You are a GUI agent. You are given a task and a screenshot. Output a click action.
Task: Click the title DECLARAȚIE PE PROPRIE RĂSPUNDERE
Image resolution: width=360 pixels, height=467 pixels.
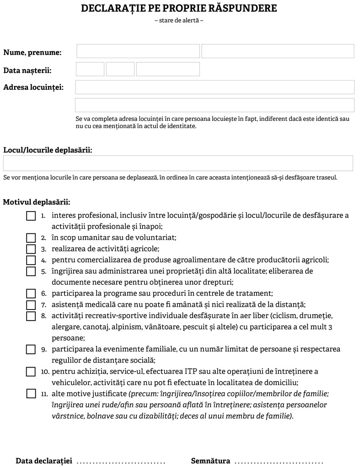(x=179, y=9)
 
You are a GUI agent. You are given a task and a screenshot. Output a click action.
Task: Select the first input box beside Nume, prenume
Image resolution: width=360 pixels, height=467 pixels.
(x=138, y=51)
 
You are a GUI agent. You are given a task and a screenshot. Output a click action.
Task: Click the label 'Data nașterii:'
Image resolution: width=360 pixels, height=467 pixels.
(x=27, y=71)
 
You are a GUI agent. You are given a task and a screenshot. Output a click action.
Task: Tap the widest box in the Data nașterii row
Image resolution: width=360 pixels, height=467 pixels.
(x=168, y=69)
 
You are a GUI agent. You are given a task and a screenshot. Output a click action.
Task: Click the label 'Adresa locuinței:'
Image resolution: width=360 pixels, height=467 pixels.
(x=33, y=87)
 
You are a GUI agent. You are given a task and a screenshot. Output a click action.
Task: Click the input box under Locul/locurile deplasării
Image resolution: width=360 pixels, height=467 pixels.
(x=178, y=163)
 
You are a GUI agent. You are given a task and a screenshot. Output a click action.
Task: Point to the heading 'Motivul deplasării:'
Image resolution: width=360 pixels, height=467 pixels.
(x=37, y=202)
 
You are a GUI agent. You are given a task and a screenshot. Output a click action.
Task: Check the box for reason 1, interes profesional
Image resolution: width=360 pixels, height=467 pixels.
(x=31, y=216)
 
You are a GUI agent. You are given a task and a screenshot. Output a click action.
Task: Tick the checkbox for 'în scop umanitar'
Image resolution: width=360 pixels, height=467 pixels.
(x=31, y=238)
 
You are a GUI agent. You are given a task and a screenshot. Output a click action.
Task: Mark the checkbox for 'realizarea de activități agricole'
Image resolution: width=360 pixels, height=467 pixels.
(x=31, y=249)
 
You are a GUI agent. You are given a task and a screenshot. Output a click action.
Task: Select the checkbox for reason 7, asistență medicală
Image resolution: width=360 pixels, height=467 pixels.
(x=31, y=305)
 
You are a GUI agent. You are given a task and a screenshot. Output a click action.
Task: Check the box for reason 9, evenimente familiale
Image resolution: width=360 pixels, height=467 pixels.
(x=31, y=349)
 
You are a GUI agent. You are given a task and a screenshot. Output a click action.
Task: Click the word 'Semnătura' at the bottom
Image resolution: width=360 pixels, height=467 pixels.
(x=210, y=461)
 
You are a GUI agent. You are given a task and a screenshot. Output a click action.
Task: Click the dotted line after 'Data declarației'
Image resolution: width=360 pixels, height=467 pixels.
(x=121, y=461)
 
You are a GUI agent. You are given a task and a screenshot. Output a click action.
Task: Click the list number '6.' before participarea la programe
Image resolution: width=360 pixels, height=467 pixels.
(x=44, y=293)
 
